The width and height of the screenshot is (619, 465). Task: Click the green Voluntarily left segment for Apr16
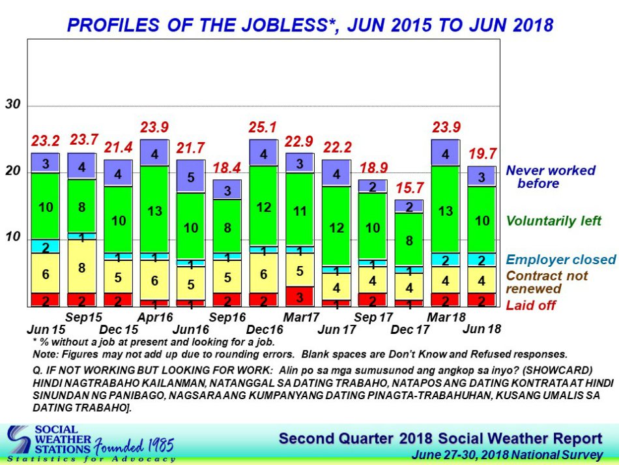[x=154, y=209]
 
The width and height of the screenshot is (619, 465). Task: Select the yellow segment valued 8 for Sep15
[x=81, y=266]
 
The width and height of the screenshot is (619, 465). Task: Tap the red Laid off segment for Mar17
[x=300, y=296]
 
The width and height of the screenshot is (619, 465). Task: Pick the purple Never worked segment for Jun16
[x=191, y=176]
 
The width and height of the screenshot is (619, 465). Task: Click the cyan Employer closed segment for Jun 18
[x=482, y=260]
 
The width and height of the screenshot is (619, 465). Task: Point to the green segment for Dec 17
[x=409, y=239]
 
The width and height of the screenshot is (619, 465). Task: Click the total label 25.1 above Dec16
[x=262, y=127]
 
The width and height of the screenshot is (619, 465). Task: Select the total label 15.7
[x=410, y=188]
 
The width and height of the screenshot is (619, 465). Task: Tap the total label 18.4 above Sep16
[x=227, y=168]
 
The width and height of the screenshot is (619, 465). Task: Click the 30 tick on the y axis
[x=12, y=104]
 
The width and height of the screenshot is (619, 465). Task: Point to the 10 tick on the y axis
[x=12, y=237]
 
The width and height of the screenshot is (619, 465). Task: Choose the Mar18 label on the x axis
[x=446, y=317]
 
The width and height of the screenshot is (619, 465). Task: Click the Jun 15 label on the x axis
[x=46, y=329]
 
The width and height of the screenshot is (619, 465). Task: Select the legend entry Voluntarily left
[x=553, y=220]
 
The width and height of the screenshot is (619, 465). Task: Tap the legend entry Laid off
[x=531, y=305]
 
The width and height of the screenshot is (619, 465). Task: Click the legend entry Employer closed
[x=561, y=260]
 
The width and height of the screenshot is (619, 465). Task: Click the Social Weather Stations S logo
[x=19, y=440]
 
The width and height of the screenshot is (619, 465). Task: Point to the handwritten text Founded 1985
[x=134, y=445]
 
